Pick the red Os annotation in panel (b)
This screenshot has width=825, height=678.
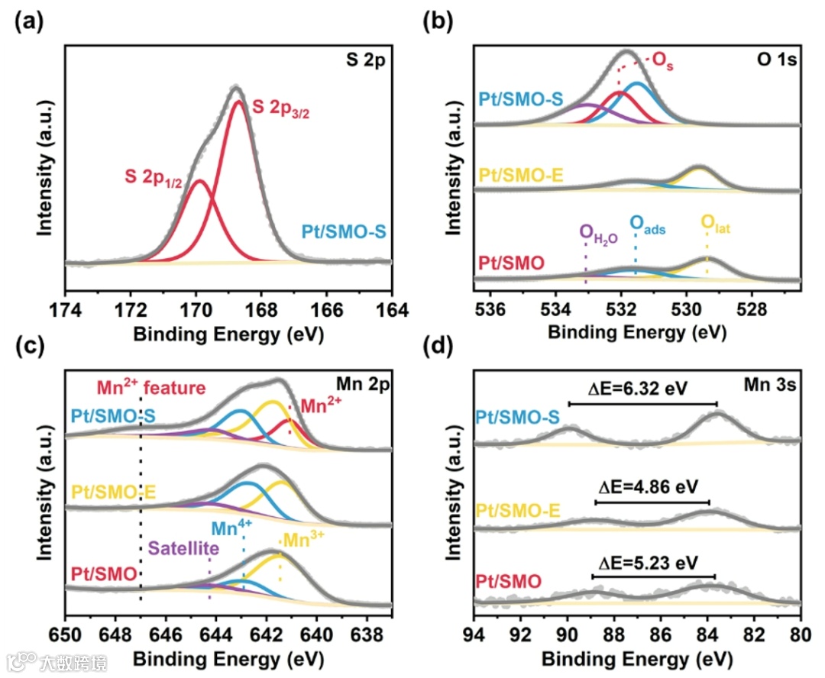point(662,60)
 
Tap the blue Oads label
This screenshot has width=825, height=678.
point(647,224)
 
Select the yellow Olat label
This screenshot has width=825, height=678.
point(715,224)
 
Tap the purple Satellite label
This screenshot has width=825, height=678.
point(184,547)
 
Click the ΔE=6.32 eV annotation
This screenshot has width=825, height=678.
point(643,389)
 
